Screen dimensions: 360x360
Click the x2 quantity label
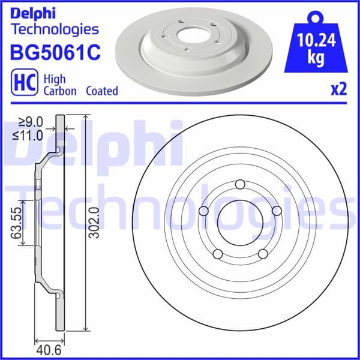tap(339, 90)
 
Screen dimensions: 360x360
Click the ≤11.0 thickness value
tap(29, 136)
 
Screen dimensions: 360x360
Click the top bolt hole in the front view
tap(240, 184)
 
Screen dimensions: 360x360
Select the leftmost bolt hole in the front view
tap(203, 211)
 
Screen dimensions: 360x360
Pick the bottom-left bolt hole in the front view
tap(218, 254)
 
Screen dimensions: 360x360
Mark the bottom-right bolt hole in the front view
tap(262, 254)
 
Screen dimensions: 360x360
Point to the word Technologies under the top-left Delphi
tap(54, 29)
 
